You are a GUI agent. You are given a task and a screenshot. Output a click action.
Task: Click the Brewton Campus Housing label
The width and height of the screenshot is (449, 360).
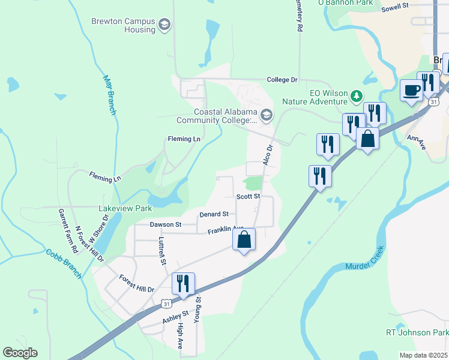pyautogui.click(x=123, y=25)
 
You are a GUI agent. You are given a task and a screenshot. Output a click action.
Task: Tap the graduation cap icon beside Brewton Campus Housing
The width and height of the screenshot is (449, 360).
pyautogui.click(x=164, y=25)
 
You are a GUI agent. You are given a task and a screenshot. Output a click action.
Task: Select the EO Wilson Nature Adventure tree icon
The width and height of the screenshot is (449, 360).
pyautogui.click(x=357, y=95)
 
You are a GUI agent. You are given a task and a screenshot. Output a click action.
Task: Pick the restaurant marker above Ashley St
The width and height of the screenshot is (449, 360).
pyautogui.click(x=183, y=283)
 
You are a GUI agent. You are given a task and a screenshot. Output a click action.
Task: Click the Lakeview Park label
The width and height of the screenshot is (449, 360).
pyautogui.click(x=125, y=208)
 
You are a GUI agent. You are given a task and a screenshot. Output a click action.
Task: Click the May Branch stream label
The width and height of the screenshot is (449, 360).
pyautogui.click(x=109, y=95)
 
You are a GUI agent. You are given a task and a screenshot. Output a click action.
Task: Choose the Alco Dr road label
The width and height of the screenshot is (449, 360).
pyautogui.click(x=268, y=155)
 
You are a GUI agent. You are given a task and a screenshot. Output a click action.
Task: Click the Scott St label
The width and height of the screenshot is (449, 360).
pyautogui.click(x=248, y=196)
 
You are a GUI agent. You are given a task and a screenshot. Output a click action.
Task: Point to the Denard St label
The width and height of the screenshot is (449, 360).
pyautogui.click(x=214, y=214)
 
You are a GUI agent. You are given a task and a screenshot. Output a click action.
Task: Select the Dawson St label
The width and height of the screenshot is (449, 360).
pyautogui.click(x=166, y=224)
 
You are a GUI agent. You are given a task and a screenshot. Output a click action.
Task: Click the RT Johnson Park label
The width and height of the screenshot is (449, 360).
pyautogui.click(x=416, y=332)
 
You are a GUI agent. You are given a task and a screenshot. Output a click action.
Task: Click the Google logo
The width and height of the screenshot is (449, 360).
pyautogui.click(x=20, y=353)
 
